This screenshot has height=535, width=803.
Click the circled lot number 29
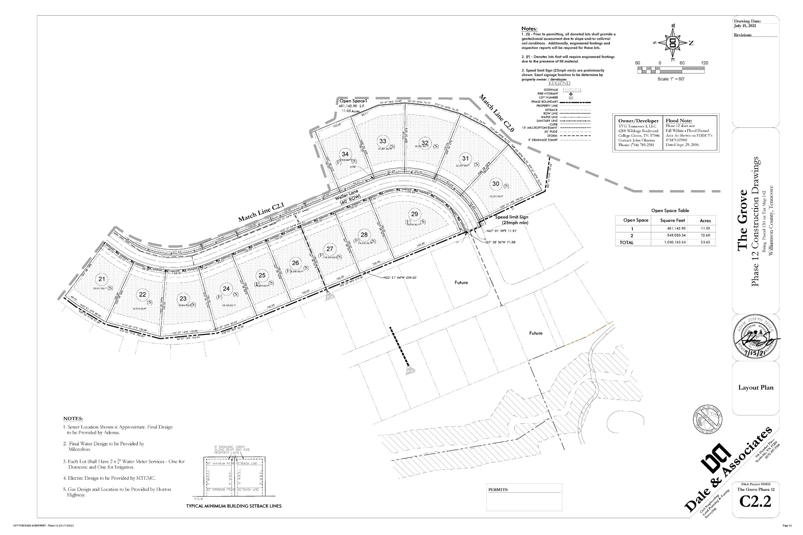[x=414, y=214]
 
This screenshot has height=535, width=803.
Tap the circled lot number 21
[x=102, y=279]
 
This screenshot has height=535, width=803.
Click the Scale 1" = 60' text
[x=671, y=79]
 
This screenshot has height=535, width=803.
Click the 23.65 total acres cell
[x=705, y=243]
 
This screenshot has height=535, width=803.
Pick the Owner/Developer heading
[x=638, y=121]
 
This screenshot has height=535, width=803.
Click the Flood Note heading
[x=679, y=121]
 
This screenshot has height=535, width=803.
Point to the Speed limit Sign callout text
[x=511, y=219]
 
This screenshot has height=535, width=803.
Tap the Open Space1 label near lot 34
[x=352, y=101]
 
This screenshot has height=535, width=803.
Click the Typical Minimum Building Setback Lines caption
[x=234, y=506]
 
